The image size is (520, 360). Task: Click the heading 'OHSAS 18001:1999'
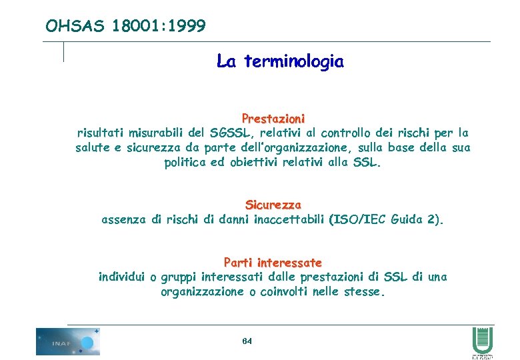click(125, 26)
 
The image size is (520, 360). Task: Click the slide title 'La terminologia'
click(280, 62)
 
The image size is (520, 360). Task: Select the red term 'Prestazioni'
click(273, 118)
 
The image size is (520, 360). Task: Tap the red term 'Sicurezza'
click(273, 205)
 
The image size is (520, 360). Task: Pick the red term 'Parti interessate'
click(273, 263)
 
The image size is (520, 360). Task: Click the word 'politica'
click(187, 163)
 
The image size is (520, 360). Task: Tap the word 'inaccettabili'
click(290, 219)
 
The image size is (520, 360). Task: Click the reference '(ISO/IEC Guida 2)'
click(386, 219)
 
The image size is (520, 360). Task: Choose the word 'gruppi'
click(181, 277)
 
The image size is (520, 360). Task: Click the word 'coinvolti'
click(287, 292)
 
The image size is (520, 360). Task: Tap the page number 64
click(247, 341)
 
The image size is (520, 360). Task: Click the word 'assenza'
click(123, 219)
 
